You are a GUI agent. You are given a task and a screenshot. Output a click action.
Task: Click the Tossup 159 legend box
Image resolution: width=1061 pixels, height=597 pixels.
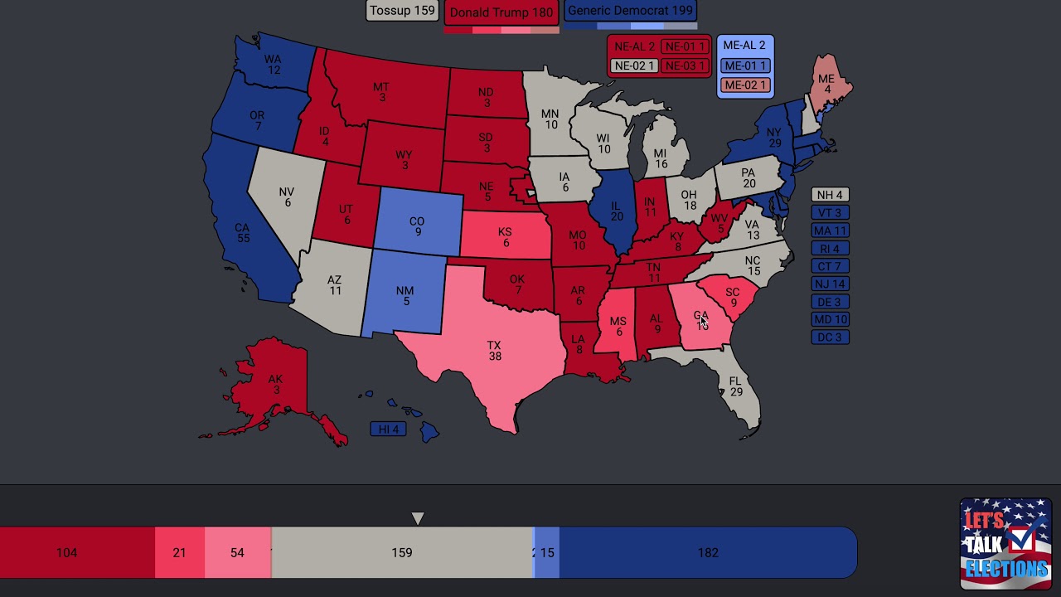pos(402,11)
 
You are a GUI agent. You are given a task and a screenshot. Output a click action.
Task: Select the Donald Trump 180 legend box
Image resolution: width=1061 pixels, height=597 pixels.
pos(501,12)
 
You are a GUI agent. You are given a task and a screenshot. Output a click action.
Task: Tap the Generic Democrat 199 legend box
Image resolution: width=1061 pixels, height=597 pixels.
pos(630,11)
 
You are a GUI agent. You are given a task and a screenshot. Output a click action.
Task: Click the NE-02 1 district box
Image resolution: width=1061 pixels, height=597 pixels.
pos(634,66)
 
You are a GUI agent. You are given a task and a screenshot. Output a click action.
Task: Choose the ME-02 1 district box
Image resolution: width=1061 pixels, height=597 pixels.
pos(744,85)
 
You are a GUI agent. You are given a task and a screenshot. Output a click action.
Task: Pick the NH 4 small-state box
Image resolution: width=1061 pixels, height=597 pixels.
pos(830,195)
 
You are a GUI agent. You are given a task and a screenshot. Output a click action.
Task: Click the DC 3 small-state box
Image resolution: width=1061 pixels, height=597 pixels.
pos(830,337)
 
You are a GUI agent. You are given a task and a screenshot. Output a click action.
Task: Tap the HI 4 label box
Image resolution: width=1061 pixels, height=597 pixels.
pos(389,429)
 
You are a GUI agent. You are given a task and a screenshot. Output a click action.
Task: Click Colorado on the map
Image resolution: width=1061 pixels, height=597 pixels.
pos(417,226)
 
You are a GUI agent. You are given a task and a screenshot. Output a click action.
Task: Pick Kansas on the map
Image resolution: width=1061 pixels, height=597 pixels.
pos(504,237)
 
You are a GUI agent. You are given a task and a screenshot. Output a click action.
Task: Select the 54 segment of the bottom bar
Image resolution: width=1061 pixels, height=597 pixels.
pos(237,552)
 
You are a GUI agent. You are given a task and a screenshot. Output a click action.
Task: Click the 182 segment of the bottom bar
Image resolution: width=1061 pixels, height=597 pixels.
pos(707,552)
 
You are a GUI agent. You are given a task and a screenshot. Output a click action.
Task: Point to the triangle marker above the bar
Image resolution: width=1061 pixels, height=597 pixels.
pos(418,518)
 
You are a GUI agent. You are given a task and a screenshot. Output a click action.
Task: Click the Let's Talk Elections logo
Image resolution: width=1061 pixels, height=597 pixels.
pos(1005,543)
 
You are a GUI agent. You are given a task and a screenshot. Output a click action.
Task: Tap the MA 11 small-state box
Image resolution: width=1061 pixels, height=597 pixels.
pos(830,231)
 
